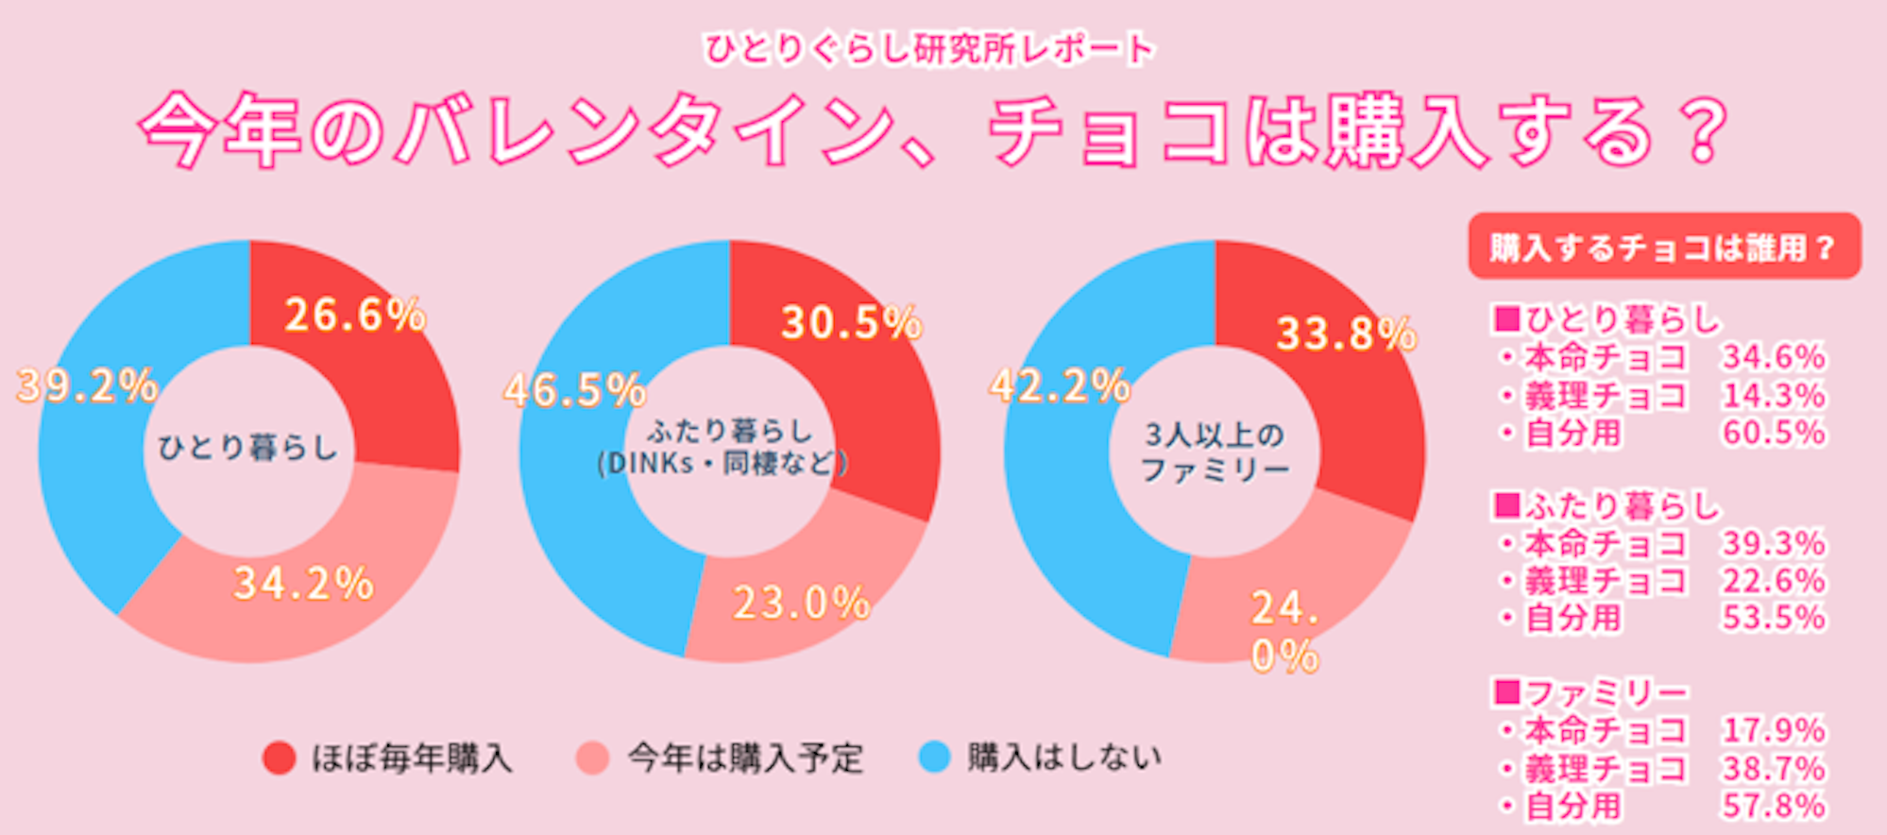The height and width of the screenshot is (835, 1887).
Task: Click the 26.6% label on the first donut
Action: [x=354, y=315]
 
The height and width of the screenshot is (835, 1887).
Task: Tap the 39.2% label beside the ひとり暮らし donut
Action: [x=88, y=385]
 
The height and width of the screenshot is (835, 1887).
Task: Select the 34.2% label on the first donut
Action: [x=303, y=584]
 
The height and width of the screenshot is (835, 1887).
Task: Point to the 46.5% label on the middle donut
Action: [x=574, y=390]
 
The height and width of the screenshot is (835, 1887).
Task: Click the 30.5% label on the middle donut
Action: [x=851, y=323]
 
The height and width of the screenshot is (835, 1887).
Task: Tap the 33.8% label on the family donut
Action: [x=1346, y=333]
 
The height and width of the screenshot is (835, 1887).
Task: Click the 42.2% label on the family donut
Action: [x=1060, y=385]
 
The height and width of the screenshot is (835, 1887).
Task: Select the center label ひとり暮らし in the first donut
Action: [x=247, y=448]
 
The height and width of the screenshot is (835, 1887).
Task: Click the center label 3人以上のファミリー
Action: [x=1215, y=452]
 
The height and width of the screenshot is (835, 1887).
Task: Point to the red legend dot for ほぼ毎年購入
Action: [x=280, y=758]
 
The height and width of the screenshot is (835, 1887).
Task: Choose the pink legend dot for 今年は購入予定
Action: [x=592, y=758]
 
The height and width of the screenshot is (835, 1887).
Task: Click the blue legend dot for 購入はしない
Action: [x=934, y=758]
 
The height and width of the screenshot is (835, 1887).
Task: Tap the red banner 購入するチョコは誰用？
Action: [x=1664, y=247]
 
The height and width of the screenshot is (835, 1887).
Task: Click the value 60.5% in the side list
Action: [x=1774, y=433]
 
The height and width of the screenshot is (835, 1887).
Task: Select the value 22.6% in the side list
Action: [x=1774, y=581]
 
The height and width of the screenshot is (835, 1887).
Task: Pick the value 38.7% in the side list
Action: [x=1774, y=769]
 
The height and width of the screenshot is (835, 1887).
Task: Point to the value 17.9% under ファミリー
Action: [x=1774, y=730]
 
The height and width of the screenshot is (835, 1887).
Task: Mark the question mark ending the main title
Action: [x=1706, y=131]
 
